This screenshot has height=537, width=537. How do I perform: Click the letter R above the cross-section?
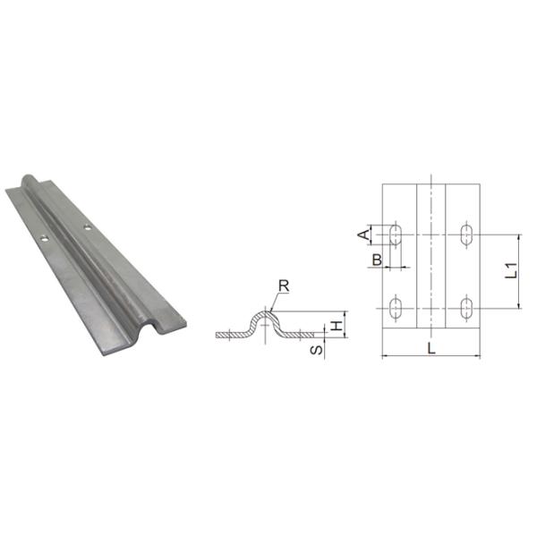283,286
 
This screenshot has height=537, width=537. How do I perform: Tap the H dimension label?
336,327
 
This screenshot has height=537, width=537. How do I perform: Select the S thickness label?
316,347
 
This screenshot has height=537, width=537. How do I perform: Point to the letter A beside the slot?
363,234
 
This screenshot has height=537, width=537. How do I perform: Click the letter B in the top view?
378,260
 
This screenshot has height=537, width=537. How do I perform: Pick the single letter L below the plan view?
431,348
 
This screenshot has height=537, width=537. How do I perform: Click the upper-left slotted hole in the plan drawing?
396,234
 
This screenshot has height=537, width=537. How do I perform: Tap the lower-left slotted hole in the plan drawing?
396,309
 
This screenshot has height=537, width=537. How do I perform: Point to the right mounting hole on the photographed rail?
87,227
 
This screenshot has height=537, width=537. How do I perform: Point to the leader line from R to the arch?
274,300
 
